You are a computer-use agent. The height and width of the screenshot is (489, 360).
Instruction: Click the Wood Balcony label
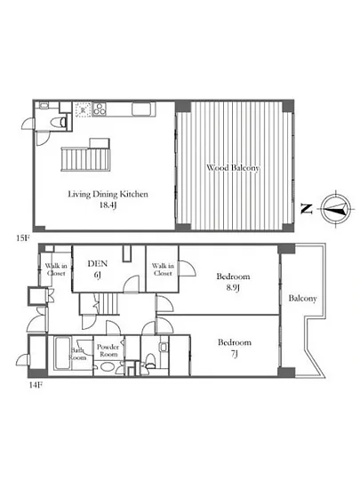pos(233,168)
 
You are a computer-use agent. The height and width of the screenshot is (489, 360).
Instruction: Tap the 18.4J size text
pos(108,204)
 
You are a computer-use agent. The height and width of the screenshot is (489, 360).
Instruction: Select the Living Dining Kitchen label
pos(108,195)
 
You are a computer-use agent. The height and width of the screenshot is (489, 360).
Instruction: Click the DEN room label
pos(98,263)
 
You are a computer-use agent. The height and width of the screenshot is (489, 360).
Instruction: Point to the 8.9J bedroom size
pos(233,287)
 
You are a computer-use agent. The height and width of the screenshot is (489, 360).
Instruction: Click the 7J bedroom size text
pos(234,354)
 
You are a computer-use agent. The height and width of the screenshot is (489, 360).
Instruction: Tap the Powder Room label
pos(108,350)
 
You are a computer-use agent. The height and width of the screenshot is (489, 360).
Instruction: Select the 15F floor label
pos(23,238)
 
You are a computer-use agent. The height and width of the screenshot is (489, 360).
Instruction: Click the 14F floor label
pos(36,384)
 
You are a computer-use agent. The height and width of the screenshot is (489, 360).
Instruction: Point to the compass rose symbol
pos(336,209)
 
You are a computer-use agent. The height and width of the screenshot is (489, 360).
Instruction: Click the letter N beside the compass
pos(307,208)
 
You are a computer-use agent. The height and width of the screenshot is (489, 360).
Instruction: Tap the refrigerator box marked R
pos(83,109)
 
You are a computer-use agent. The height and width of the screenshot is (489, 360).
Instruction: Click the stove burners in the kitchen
pos(100,109)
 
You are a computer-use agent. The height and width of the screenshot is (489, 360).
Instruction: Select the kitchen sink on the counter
pos(143,109)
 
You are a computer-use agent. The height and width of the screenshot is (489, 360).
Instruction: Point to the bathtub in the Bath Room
pos(62,353)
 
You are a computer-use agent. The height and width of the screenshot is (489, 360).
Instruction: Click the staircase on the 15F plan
pos(85,159)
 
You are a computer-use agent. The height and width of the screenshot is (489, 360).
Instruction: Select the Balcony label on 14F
pos(302,299)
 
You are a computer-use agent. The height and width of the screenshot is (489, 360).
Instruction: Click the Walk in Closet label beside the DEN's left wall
pos(56,269)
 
